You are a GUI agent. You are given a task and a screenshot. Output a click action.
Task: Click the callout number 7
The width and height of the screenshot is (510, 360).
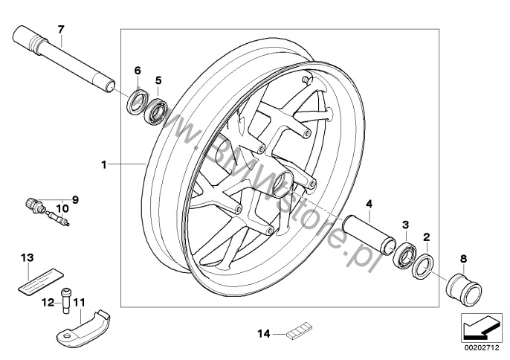tap(61, 29)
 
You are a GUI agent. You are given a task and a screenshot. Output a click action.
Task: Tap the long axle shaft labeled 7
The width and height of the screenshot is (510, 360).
tap(64, 60)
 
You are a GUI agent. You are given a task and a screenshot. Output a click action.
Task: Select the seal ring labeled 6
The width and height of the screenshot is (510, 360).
tap(137, 102)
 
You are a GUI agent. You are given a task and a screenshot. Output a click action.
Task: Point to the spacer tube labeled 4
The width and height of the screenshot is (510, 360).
tap(369, 234)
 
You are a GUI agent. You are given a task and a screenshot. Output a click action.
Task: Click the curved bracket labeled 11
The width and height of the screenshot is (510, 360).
tap(83, 327)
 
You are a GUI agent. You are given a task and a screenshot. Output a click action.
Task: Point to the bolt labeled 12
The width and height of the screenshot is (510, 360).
tap(66, 300)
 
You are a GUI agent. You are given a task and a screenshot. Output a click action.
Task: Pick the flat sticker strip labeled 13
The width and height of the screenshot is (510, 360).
tap(40, 279)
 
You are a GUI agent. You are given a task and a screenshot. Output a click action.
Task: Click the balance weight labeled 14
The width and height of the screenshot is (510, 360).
tap(299, 331)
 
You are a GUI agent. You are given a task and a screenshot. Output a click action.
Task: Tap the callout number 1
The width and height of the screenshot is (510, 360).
tap(104, 165)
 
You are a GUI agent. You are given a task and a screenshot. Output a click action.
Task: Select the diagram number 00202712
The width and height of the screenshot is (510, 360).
tap(481, 348)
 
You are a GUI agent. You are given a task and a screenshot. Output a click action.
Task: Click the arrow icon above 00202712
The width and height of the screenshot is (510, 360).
tap(481, 327)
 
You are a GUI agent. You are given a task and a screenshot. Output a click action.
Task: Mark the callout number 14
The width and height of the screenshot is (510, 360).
tap(264, 334)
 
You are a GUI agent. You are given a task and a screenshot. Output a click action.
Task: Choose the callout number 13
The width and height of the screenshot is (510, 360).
tap(28, 258)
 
